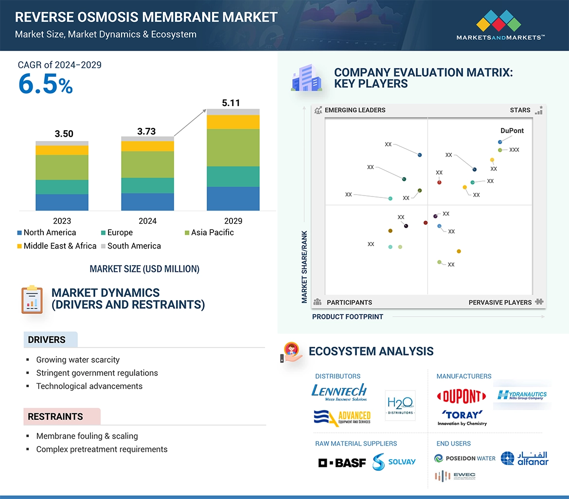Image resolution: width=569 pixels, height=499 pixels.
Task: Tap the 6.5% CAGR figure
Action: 45,84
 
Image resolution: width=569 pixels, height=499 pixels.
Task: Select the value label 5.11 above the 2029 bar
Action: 231,103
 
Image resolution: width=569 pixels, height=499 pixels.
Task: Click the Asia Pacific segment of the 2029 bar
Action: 233,148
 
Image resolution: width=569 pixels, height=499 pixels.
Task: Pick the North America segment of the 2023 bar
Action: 62,202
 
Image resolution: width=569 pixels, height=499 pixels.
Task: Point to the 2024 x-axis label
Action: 147,221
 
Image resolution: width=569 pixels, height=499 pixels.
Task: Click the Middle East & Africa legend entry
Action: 56,246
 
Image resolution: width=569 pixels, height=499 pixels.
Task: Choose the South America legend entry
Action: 130,246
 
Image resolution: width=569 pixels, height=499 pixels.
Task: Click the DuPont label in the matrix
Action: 512,131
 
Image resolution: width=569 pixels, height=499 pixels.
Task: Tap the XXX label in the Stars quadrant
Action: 514,150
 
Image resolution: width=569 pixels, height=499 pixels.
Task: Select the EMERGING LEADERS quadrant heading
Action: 355,110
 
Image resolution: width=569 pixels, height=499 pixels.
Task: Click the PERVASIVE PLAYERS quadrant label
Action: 500,303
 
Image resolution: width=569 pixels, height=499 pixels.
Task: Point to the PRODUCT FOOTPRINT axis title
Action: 348,317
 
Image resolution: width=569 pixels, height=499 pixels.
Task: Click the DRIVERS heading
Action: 47,340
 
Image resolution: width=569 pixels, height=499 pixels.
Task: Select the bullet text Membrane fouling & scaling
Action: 87,436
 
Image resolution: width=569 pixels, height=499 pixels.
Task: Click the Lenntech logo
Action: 339,392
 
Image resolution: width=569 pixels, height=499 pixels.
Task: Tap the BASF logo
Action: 342,463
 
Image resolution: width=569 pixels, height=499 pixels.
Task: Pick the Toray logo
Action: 462,417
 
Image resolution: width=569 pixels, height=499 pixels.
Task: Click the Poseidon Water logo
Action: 465,458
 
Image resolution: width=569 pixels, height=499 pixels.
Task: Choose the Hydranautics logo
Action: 522,395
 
